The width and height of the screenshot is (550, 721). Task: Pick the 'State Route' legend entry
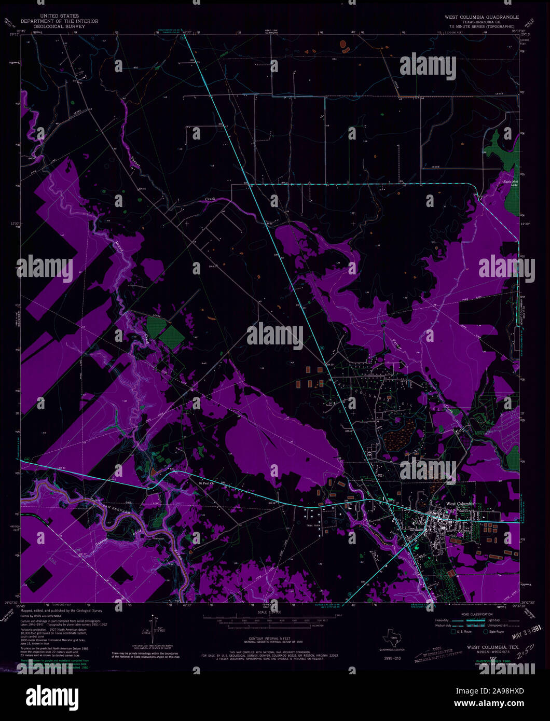click(497, 632)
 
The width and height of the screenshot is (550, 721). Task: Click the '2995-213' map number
click(392, 658)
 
